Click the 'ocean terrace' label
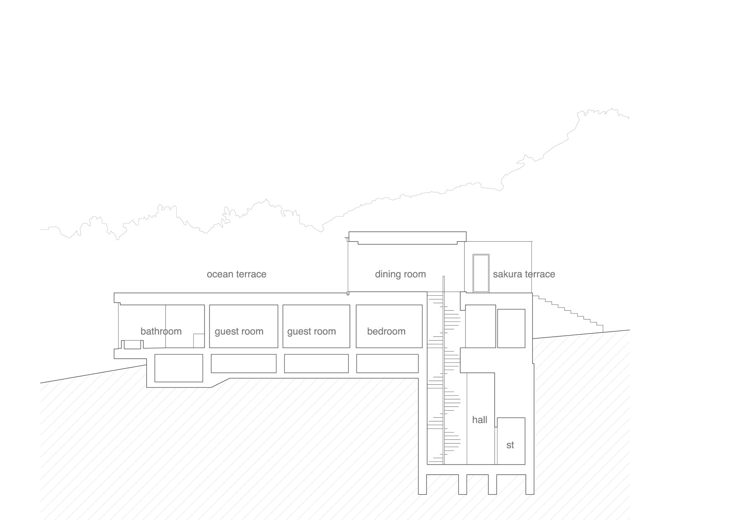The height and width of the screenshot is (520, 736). (236, 274)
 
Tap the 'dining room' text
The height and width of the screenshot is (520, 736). (400, 274)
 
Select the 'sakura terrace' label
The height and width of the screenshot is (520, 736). (524, 274)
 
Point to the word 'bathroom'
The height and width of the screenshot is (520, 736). (161, 331)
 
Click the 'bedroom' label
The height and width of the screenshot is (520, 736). (386, 331)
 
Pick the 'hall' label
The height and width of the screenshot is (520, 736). (480, 420)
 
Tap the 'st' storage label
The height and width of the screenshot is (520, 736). (510, 445)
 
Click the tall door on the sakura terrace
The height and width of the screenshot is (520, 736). (481, 273)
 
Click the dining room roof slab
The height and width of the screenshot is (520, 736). (407, 238)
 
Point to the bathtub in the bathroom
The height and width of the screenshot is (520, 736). (132, 344)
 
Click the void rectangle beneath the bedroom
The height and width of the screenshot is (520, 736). (388, 363)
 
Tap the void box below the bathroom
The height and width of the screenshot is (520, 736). (178, 368)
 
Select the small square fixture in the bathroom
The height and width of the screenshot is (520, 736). (199, 341)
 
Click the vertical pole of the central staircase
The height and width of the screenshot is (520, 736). (444, 370)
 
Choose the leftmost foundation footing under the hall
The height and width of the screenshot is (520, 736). (422, 484)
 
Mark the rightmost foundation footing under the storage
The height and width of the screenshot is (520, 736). (530, 484)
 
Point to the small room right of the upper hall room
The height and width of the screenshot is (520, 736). (511, 328)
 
